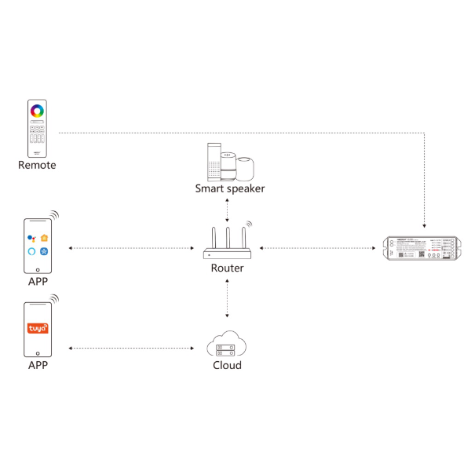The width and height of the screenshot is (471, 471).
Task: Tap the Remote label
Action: point(38,166)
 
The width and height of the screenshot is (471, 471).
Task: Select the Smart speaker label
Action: point(230,188)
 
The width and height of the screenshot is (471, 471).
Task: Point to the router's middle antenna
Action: point(228,238)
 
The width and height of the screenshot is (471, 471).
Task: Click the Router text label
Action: point(228,268)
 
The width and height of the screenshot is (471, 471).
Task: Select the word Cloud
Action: point(227,366)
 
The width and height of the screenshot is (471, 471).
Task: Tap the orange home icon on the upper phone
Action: point(45,237)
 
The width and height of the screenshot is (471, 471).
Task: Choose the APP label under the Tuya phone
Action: point(38,365)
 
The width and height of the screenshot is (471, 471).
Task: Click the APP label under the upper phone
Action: point(38,281)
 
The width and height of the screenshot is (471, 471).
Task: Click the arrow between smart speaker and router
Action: point(228,209)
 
